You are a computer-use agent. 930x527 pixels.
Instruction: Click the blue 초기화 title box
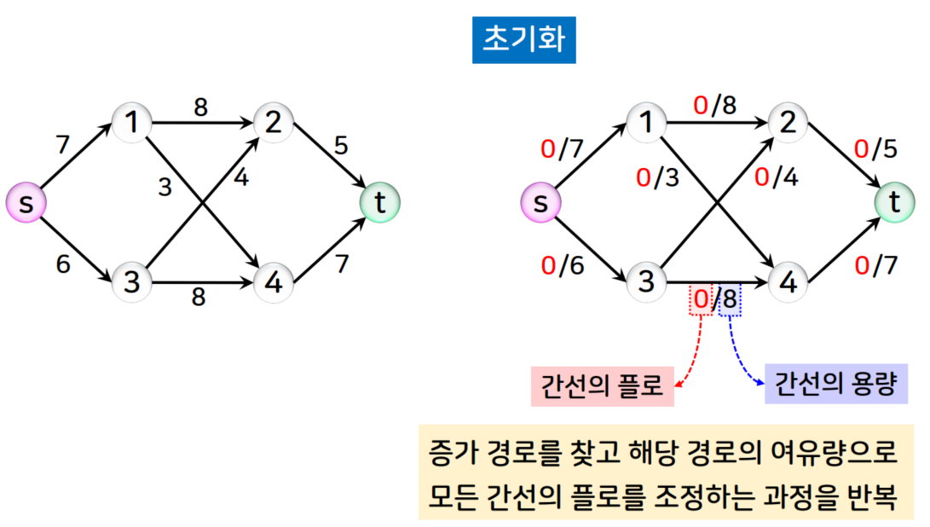coord(523,40)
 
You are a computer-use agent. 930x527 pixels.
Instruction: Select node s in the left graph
coord(26,204)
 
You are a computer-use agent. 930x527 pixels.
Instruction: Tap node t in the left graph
coord(379,202)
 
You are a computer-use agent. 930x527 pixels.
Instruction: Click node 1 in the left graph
coord(131,124)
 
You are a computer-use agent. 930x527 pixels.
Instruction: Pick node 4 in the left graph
coord(274,281)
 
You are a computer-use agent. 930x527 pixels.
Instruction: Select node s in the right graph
coord(540,204)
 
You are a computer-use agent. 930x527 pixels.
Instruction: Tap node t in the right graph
coord(894,202)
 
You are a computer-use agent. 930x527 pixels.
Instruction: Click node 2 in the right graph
coord(788,124)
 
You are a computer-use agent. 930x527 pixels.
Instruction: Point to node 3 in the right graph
coord(646,281)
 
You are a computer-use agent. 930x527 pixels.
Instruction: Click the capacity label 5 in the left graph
coord(340,146)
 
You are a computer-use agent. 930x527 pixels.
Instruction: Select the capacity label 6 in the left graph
coord(63,264)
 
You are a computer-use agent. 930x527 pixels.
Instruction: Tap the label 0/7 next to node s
coord(563,149)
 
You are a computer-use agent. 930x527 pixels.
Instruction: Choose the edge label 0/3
coord(658,179)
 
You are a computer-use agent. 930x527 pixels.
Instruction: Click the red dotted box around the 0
coord(701,300)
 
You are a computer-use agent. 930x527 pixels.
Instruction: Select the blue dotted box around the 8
coord(730,300)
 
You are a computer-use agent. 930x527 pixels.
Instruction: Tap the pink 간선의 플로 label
coord(602,386)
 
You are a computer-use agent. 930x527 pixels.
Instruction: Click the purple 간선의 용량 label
coord(835,385)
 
